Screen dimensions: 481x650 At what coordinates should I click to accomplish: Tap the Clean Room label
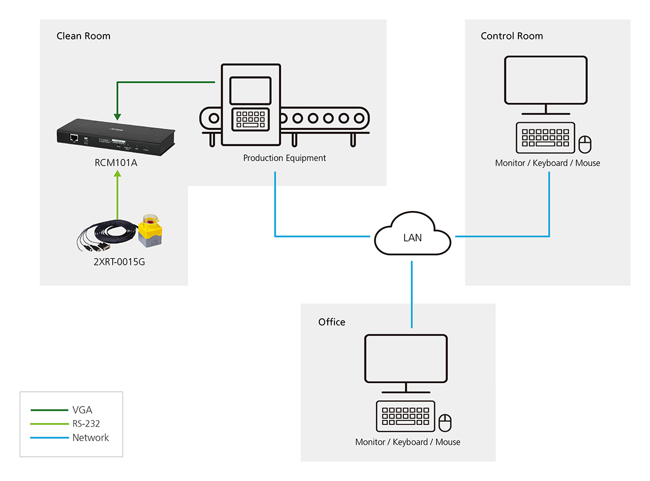(x=83, y=36)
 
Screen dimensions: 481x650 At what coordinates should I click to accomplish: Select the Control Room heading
(x=512, y=36)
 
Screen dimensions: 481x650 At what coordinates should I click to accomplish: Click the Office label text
(x=332, y=322)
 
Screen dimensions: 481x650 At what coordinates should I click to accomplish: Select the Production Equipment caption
(x=284, y=158)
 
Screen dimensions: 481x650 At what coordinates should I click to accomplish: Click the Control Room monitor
(x=546, y=81)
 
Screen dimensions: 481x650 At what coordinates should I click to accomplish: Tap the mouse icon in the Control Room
(x=585, y=144)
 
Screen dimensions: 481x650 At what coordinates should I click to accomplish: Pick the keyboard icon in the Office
(x=406, y=416)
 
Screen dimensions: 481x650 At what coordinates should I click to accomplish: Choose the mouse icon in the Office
(x=445, y=423)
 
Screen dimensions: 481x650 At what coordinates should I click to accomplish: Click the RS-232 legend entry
(x=86, y=424)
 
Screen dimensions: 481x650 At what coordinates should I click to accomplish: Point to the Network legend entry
(x=91, y=438)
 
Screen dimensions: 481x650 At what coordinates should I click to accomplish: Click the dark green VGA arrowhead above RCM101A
(x=117, y=116)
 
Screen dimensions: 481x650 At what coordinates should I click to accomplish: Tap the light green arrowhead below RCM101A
(x=117, y=174)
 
